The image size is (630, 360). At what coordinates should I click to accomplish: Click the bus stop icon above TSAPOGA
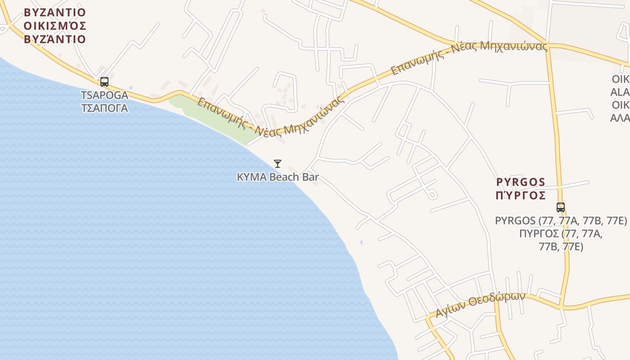point(104,82)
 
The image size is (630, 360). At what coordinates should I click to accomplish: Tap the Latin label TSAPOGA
point(104,95)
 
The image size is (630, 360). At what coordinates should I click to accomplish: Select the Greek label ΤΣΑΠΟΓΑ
point(104,108)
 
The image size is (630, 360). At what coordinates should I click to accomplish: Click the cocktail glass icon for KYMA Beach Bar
point(278,164)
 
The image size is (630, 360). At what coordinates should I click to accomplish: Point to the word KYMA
point(252,177)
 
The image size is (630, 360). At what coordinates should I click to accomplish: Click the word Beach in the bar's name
point(284,177)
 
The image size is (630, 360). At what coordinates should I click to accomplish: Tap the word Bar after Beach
point(310,177)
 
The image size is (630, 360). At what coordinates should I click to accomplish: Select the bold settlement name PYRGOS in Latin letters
point(521,182)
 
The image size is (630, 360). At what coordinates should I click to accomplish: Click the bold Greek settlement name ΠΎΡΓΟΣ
point(521,195)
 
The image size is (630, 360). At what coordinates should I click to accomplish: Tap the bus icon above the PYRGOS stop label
point(560,207)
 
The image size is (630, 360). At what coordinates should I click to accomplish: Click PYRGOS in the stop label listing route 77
point(516,221)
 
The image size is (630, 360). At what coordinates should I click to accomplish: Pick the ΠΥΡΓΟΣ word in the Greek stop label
point(540,234)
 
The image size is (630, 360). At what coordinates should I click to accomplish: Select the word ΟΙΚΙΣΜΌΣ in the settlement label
point(55,25)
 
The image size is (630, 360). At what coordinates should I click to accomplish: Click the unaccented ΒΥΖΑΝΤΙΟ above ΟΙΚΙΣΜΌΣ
point(55,12)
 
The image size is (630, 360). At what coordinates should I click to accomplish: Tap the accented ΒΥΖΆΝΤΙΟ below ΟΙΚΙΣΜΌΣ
point(55,39)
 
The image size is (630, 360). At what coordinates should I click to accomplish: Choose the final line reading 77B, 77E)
point(561,247)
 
